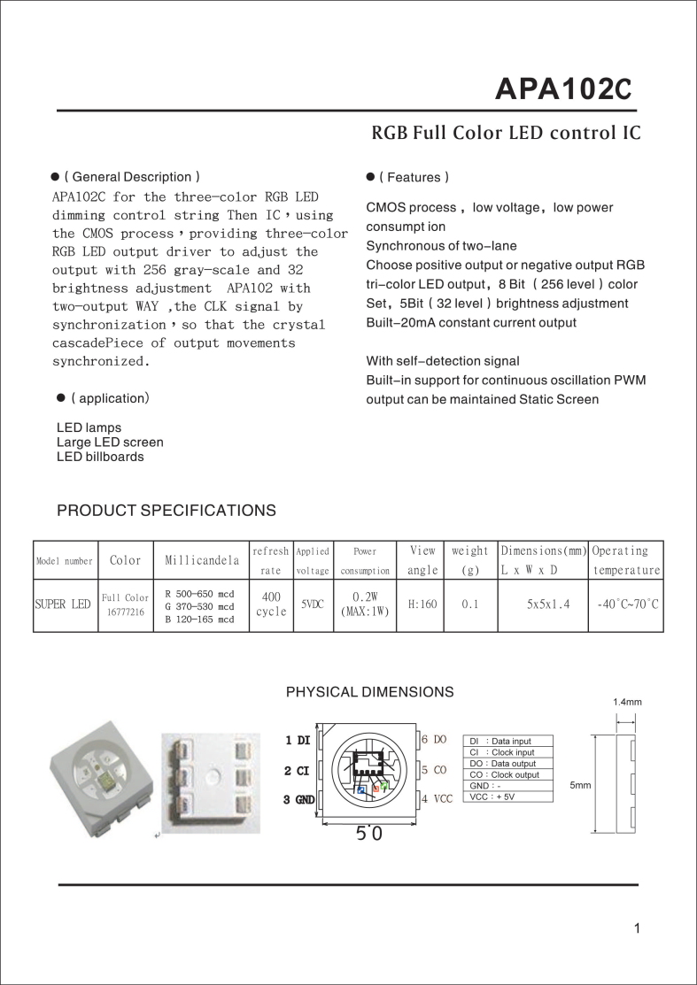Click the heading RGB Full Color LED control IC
coord(505,134)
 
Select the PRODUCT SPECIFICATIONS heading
coord(166,511)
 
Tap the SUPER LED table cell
coord(63,604)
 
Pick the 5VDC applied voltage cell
coord(312,604)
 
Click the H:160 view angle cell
coord(422,604)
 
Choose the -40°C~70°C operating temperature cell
coord(626,604)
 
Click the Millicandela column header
coord(202,560)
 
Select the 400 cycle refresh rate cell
coord(271,604)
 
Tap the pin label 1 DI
coord(298,740)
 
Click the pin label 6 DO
coord(434,739)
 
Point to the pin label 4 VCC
coord(437,799)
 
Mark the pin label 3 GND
coord(299,800)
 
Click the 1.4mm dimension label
coord(627,702)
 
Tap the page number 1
coord(637,928)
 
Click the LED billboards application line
coord(100,457)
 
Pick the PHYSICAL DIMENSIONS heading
coord(369,691)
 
